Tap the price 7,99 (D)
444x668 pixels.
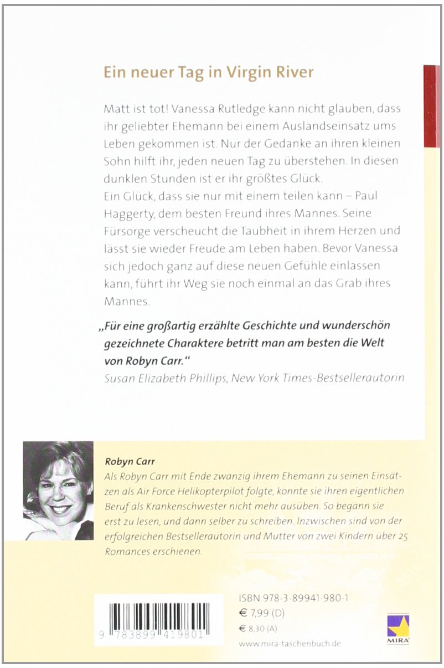click(268, 614)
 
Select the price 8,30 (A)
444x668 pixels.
click(266, 629)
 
